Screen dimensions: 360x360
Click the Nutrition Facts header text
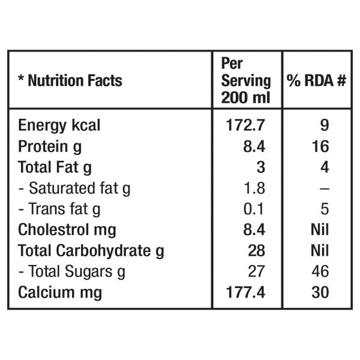75,80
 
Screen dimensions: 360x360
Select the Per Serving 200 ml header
246,81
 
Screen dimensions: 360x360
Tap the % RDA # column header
316,80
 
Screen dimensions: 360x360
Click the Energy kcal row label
59,125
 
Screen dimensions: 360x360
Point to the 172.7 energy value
245,125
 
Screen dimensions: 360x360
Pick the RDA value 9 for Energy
325,125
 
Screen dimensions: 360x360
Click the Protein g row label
50,147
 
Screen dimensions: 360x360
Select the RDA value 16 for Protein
320,146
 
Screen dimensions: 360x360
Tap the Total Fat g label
55,167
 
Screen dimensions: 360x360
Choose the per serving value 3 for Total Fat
261,167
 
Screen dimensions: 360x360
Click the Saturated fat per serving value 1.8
254,188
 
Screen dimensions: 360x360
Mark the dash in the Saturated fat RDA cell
325,189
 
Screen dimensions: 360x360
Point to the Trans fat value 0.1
253,209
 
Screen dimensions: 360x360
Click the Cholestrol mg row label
67,230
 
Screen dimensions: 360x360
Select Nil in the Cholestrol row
320,230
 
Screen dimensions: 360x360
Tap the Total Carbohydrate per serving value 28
257,250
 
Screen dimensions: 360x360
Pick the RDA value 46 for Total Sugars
320,271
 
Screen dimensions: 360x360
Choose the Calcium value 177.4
245,292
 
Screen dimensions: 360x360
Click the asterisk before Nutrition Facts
22,78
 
